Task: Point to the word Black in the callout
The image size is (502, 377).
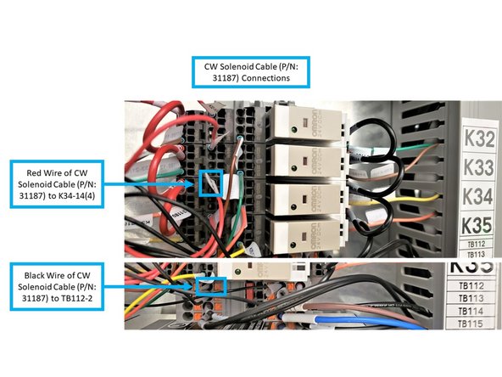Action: [43, 273]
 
